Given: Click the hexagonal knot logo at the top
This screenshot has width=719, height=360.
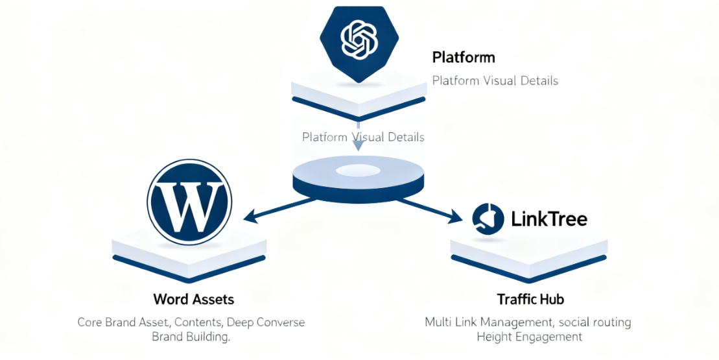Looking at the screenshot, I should [x=359, y=41].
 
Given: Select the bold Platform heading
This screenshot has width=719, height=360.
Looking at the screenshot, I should [x=463, y=57].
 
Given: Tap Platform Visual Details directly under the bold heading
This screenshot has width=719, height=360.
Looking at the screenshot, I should [x=495, y=81].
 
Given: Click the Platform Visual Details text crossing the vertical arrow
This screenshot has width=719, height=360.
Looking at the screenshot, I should [x=363, y=137].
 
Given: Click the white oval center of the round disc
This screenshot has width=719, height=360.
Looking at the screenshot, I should [x=358, y=171].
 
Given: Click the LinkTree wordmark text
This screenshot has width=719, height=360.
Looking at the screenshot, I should [x=549, y=219].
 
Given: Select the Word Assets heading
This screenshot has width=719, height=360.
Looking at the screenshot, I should [x=193, y=299].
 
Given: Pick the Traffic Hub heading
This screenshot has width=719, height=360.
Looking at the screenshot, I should [x=530, y=299].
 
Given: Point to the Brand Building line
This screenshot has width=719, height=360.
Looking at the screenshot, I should [x=191, y=337].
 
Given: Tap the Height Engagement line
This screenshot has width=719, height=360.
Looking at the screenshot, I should [x=529, y=337].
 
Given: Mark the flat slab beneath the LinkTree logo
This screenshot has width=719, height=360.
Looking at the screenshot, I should [x=528, y=250].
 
